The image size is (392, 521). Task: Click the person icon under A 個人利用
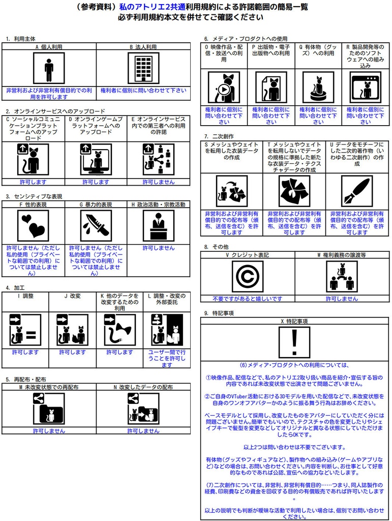tap(49, 68)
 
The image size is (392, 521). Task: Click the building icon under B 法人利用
tap(143, 68)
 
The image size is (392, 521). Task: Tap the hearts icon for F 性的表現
tap(33, 225)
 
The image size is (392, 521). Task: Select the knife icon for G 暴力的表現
tap(96, 225)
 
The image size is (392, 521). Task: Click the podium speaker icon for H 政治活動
tap(158, 225)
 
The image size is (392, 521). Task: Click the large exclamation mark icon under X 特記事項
tap(294, 342)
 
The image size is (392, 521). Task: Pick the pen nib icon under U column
tap(356, 191)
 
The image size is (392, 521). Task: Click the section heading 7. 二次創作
tap(219, 136)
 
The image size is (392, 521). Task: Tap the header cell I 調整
tap(25, 296)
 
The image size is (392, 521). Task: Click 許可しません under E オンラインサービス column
tap(158, 182)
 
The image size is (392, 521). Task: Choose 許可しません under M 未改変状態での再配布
tap(49, 430)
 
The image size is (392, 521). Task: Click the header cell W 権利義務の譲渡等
tap(342, 254)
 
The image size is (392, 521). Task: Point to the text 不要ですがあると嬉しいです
tap(247, 299)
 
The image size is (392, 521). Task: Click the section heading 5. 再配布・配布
tap(26, 379)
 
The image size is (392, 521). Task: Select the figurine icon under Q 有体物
tap(318, 86)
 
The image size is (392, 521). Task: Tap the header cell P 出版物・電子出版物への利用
tap(271, 53)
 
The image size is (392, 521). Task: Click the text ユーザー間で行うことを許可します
tap(167, 358)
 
